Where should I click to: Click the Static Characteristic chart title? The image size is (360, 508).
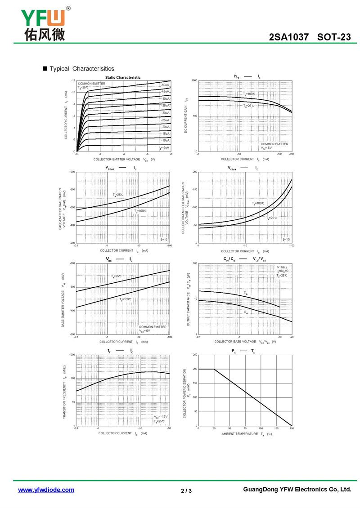point(123,77)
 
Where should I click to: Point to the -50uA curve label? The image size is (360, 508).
point(165,85)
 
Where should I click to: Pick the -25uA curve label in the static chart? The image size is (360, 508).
point(165,120)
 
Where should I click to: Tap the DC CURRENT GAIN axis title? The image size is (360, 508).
point(186,116)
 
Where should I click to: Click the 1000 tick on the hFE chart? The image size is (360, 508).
point(194,80)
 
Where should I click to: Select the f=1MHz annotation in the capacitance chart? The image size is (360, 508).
point(282,267)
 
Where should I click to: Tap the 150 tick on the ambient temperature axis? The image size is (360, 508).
point(292,428)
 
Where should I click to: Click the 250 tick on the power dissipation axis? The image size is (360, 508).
point(195,355)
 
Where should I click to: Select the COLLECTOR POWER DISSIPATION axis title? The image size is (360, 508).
point(185,390)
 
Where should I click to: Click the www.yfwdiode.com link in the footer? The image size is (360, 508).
point(46,490)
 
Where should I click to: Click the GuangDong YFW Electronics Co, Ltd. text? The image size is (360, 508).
point(297,489)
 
